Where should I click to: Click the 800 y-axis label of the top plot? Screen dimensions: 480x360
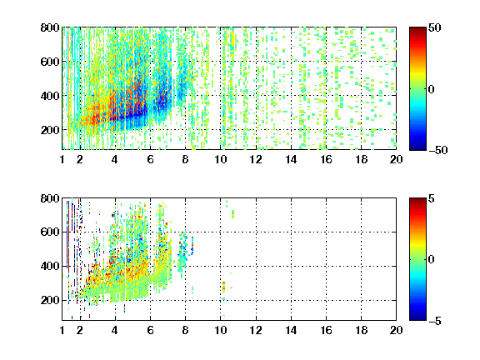[50, 27]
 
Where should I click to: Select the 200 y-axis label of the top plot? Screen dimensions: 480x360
[50, 130]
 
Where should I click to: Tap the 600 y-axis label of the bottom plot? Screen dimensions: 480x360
[50, 232]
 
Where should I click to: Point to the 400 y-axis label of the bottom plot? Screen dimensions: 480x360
[50, 266]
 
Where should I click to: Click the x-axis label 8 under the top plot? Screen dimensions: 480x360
[185, 159]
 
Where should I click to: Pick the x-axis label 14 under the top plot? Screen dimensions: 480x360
[291, 159]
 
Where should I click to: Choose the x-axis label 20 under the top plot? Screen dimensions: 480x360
[396, 159]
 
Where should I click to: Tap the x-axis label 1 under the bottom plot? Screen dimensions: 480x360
[62, 330]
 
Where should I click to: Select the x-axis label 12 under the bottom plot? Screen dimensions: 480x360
[256, 330]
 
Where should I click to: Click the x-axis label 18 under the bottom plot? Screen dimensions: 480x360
[361, 330]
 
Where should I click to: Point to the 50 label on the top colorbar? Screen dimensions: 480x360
[434, 27]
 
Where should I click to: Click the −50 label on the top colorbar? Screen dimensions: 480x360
[438, 150]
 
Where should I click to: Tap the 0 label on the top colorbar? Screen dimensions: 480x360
[431, 89]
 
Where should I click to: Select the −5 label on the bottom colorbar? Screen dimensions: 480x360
[435, 321]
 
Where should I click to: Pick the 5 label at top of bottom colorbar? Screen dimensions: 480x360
[431, 198]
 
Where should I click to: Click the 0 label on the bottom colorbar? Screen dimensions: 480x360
[431, 260]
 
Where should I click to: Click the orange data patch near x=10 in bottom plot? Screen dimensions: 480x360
[224, 287]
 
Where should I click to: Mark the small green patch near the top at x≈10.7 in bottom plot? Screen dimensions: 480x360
[233, 214]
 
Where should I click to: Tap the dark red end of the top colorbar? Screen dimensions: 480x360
[417, 30]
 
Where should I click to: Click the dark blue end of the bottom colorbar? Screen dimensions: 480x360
[417, 317]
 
